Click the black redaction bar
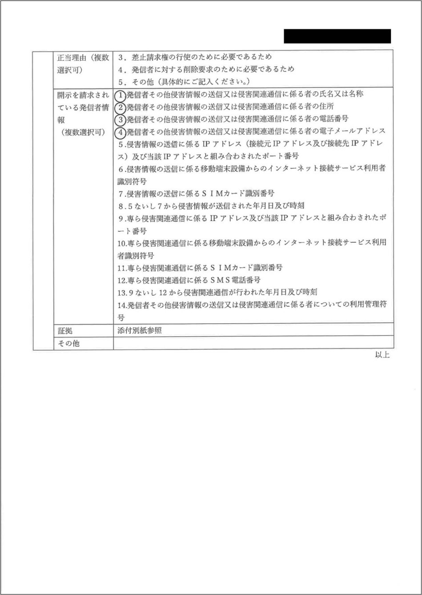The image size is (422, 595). point(337,36)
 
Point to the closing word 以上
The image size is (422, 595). point(382,355)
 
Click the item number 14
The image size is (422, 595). point(122,306)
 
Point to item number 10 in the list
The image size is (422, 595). point(122,243)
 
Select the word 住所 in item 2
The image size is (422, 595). point(326,107)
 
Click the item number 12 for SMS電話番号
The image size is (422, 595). point(122,281)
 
